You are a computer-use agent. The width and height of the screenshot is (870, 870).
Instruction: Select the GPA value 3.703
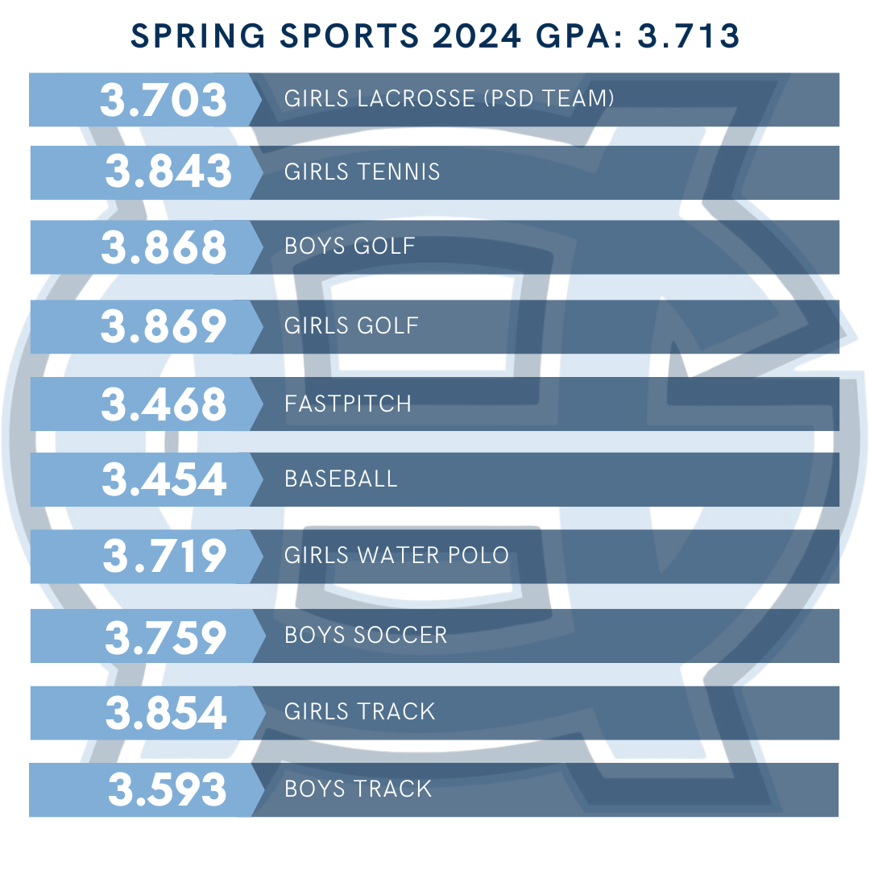click(164, 100)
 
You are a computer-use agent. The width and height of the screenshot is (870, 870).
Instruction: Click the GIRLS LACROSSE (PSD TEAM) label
click(449, 99)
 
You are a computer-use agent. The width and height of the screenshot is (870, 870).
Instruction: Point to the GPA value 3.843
click(168, 172)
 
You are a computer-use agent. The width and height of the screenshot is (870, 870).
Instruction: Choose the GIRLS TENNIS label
click(362, 172)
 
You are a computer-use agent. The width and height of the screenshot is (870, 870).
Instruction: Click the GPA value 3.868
click(164, 247)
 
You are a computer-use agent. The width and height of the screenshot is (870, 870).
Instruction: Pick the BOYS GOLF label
click(350, 246)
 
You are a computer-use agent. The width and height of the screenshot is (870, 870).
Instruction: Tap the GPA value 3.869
click(164, 326)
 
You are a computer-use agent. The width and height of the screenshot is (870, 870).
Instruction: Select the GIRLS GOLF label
click(351, 325)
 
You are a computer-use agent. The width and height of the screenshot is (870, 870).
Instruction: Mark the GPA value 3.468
click(164, 404)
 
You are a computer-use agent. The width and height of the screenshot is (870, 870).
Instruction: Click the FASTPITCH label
click(348, 404)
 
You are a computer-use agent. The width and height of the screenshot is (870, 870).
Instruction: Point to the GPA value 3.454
click(164, 479)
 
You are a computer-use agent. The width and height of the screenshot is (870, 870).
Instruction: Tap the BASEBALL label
click(341, 479)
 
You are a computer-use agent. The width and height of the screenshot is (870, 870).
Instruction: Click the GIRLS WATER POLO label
click(396, 556)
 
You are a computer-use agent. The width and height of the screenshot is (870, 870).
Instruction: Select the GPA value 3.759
click(166, 636)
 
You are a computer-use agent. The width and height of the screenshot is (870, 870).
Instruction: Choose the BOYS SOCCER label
click(366, 635)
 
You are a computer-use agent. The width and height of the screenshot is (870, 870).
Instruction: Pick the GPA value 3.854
click(166, 713)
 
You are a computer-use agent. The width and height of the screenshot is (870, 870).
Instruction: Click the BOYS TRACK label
click(358, 789)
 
